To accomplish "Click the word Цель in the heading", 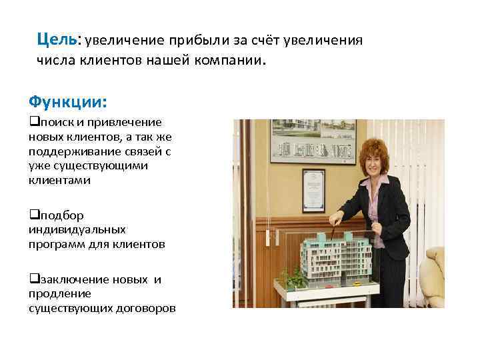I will [x=57, y=39].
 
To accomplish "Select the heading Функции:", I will [x=67, y=102].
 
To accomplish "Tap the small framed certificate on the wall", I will [x=313, y=190].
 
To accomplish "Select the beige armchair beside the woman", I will [x=435, y=277].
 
